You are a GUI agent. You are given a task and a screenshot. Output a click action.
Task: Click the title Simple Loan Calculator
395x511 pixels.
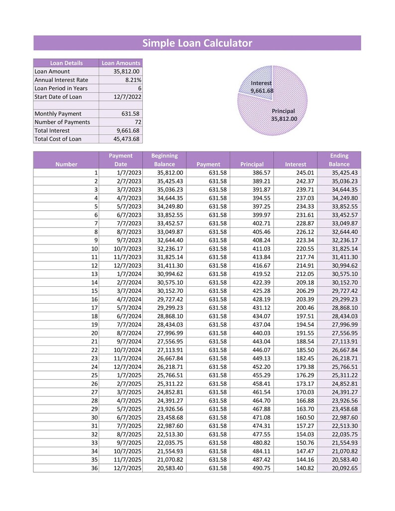click(x=197, y=43)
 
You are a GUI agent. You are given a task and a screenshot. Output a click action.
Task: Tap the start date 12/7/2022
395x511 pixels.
click(x=128, y=97)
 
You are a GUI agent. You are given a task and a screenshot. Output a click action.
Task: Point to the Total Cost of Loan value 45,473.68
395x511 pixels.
click(x=125, y=139)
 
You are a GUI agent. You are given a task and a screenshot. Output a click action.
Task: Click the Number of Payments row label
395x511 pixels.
click(x=62, y=122)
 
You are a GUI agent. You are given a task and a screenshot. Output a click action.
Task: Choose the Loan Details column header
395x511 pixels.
click(x=66, y=63)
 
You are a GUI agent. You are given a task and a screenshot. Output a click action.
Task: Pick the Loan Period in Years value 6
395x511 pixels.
click(x=139, y=88)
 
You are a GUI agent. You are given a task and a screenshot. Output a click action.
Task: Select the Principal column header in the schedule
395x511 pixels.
click(x=252, y=164)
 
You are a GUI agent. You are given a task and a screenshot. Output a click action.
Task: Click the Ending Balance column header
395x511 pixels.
click(x=339, y=160)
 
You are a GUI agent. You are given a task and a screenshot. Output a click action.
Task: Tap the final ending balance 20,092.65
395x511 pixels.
click(x=345, y=469)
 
